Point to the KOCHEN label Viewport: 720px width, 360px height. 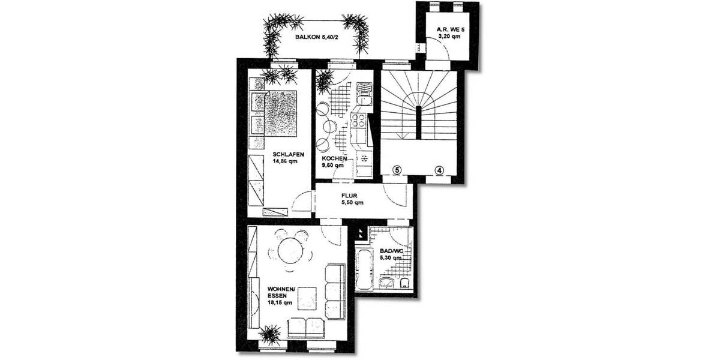pyautogui.click(x=334, y=158)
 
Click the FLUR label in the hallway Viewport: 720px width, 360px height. pyautogui.click(x=350, y=196)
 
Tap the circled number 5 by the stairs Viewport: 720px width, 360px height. pyautogui.click(x=396, y=170)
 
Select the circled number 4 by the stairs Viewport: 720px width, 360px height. pyautogui.click(x=440, y=170)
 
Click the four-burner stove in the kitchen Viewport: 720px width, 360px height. pyautogui.click(x=361, y=122)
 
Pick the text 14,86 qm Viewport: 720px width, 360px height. pyautogui.click(x=286, y=161)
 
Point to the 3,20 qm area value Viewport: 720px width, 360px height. pyautogui.click(x=448, y=36)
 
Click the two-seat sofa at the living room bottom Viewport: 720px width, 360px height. pyautogui.click(x=305, y=328)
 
